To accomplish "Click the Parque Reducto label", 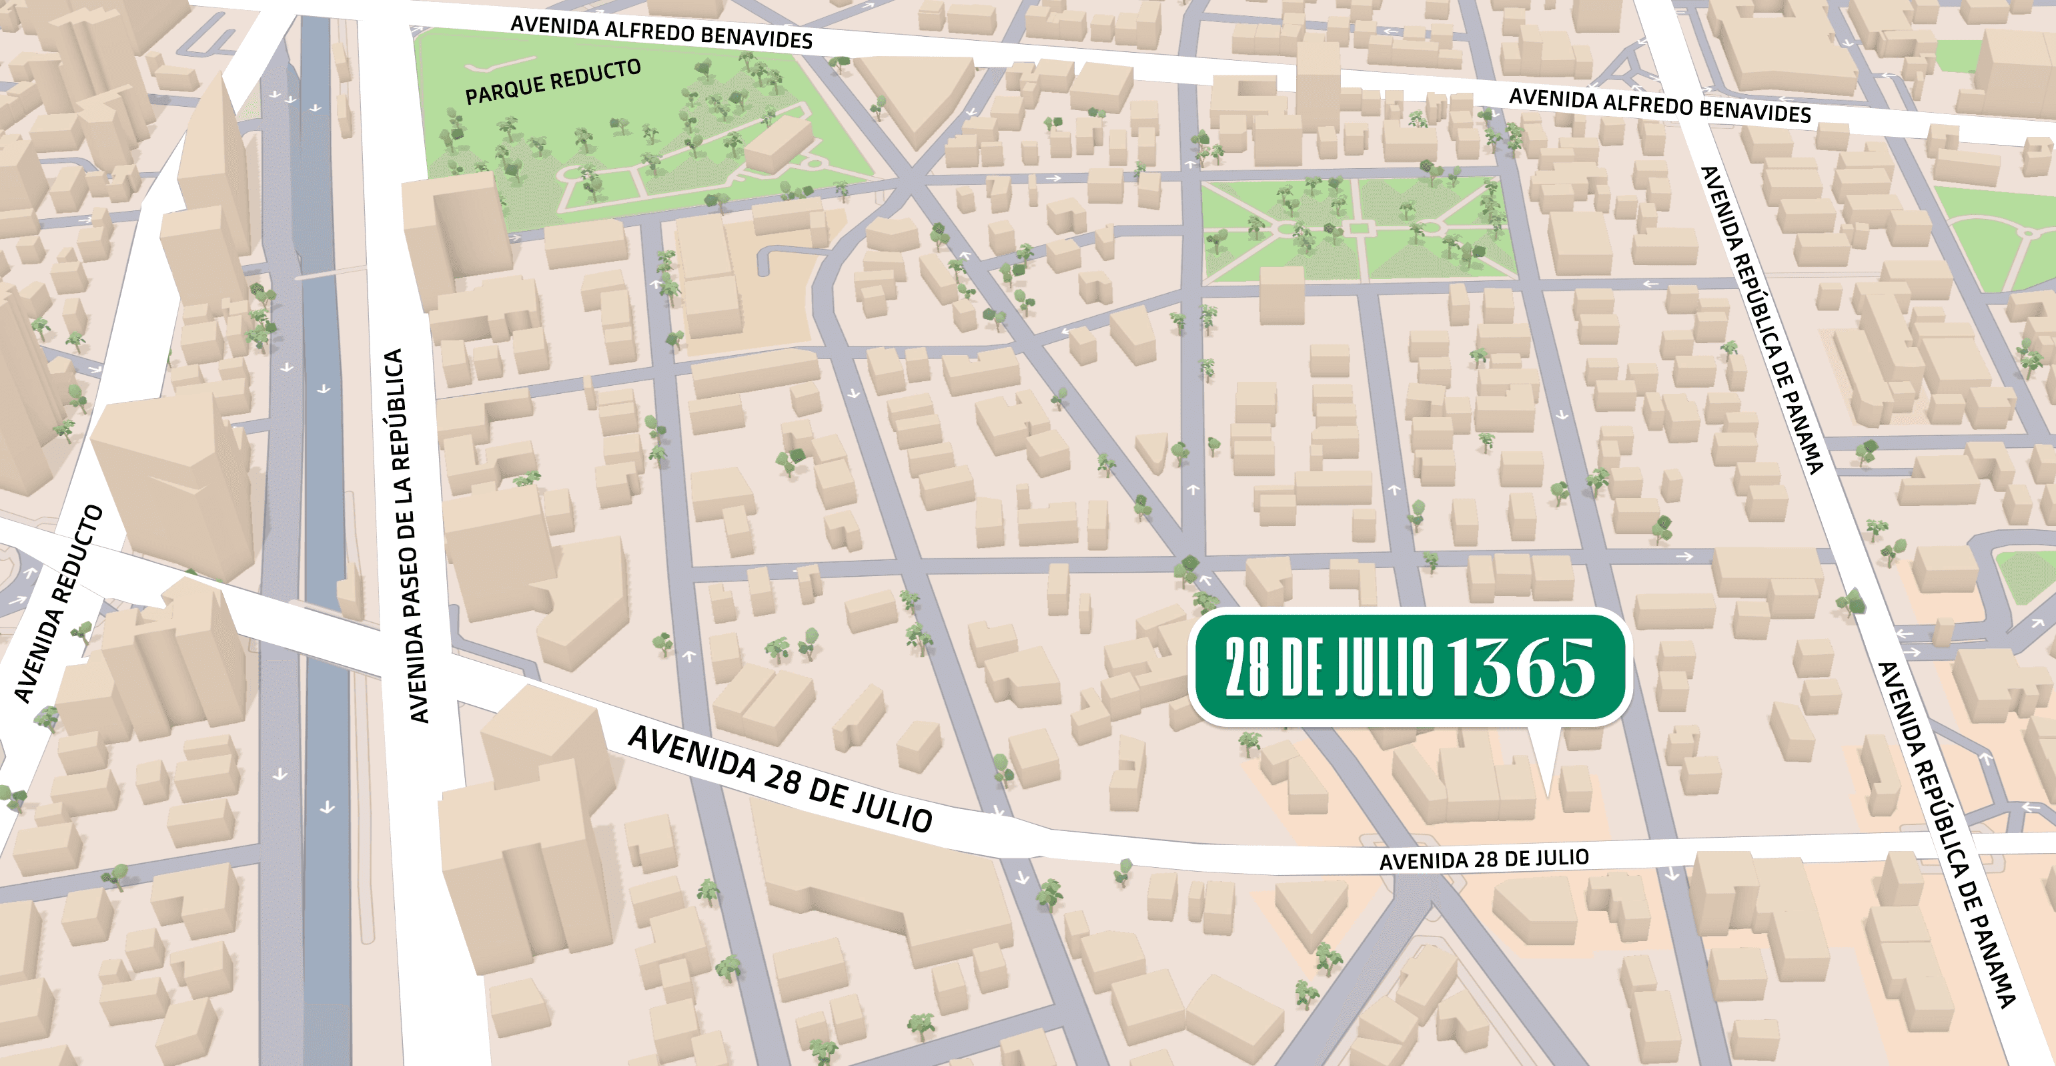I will point(552,81).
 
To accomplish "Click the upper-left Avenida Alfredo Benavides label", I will point(661,33).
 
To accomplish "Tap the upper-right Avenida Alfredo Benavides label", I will point(1659,106).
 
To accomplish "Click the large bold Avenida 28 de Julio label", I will point(780,778).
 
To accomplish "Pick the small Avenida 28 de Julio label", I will point(1484,859).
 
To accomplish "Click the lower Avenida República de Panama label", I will point(1945,834).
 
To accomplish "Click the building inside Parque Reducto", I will point(779,144).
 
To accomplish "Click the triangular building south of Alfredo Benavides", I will point(914,96).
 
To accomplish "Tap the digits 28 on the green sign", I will point(1247,668).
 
